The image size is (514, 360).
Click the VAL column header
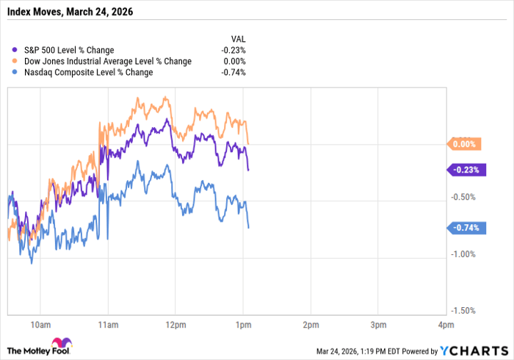pos(238,37)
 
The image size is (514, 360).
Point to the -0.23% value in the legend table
pos(234,49)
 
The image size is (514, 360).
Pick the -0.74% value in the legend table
pos(234,73)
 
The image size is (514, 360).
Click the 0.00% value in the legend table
pos(236,61)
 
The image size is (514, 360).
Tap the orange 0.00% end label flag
pos(464,145)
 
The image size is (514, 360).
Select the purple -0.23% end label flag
pos(464,170)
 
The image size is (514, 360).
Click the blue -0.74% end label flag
pos(464,228)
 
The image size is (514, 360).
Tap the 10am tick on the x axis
pos(40,324)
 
